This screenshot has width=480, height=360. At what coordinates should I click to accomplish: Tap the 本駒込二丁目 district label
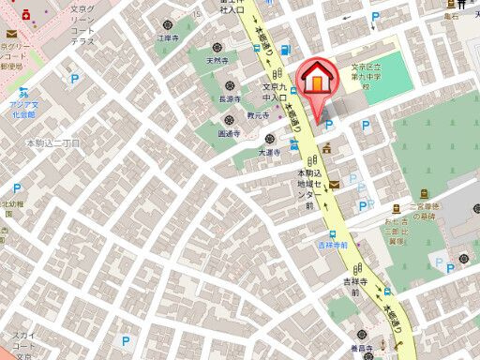(x=52, y=142)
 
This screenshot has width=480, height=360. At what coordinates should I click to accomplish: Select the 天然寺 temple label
(x=217, y=61)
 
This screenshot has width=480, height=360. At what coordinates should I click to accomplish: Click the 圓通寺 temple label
(x=231, y=134)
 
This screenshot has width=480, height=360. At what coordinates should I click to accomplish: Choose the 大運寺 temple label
(x=270, y=150)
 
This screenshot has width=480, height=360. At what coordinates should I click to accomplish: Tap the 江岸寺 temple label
(x=167, y=37)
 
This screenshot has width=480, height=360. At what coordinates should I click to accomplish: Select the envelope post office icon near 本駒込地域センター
(x=335, y=186)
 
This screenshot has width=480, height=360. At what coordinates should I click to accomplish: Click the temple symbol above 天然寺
(x=217, y=47)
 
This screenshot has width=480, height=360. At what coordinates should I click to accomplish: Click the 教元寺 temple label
(x=258, y=115)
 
